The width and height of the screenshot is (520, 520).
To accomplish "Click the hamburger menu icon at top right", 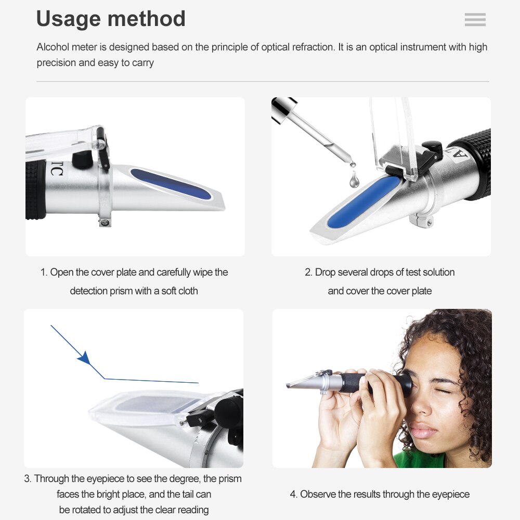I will (475, 20).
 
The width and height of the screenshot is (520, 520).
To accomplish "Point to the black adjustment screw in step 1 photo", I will (81, 159).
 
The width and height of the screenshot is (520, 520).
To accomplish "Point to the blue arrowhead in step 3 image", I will (84, 358).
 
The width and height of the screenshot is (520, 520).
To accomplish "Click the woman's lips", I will (424, 431).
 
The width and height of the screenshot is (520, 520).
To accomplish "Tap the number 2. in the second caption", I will (308, 272).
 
